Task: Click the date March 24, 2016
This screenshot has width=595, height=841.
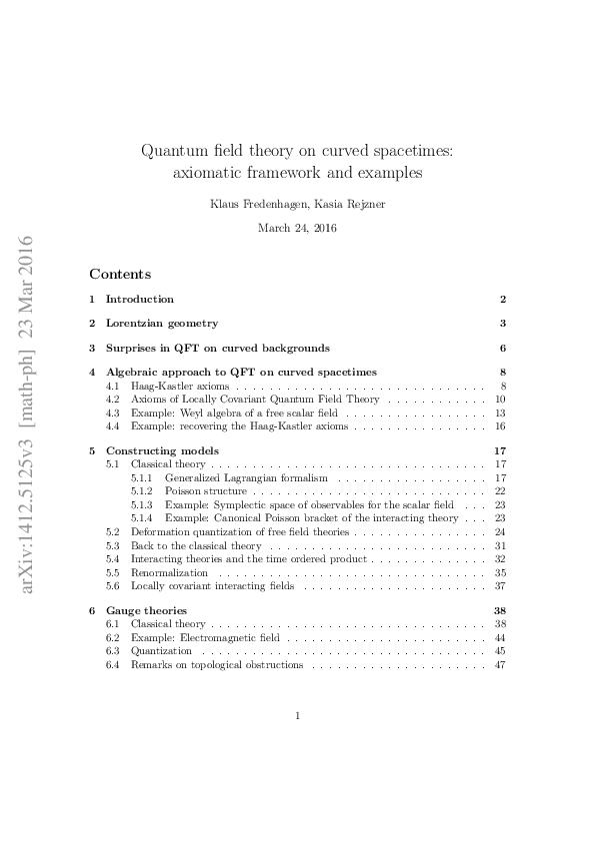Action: click(x=297, y=228)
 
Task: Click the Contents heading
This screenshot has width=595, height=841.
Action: click(x=120, y=274)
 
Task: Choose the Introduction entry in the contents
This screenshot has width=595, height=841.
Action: click(x=139, y=299)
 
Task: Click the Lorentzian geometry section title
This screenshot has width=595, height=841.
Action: click(x=161, y=323)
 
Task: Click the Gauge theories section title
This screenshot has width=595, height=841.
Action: click(x=146, y=610)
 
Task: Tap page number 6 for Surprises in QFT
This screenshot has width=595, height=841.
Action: click(x=503, y=348)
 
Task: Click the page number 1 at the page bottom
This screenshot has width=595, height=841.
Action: click(x=298, y=715)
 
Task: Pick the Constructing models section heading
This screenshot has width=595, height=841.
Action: click(x=161, y=450)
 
